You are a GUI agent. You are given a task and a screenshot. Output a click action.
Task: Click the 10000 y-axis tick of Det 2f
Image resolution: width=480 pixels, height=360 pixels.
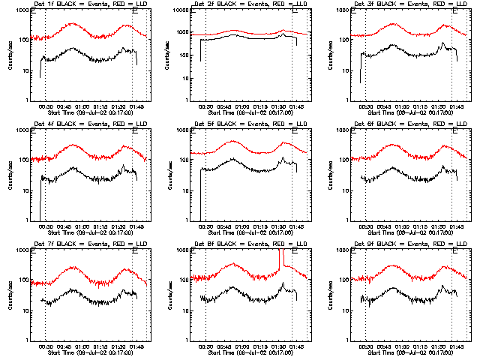click(x=181, y=11)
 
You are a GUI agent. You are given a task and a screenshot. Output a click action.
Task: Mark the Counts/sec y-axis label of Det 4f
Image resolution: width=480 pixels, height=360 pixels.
click(x=9, y=175)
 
